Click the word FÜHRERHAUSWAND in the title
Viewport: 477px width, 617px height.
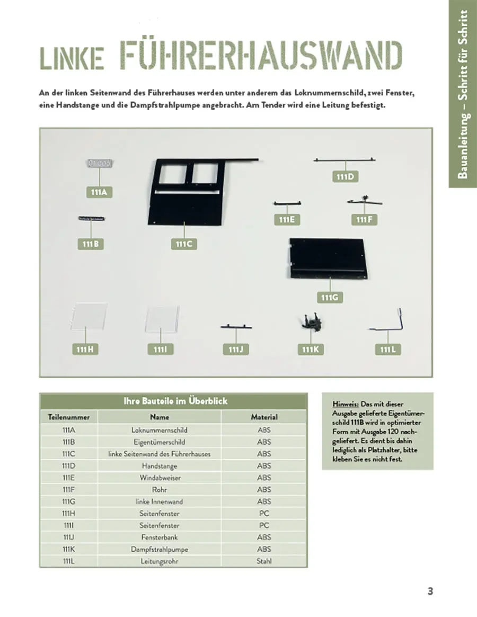(261, 56)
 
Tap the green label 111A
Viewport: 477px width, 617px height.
(99, 192)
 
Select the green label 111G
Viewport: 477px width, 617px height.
(330, 297)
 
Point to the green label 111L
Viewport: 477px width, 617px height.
(387, 350)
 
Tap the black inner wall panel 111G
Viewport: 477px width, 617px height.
(328, 258)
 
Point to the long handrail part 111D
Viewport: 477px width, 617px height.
(345, 159)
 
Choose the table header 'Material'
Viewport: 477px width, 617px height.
(264, 417)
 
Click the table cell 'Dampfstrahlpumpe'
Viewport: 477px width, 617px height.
(160, 549)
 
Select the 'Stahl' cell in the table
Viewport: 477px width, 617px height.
(264, 561)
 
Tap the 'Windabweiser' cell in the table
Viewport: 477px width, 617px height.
(160, 477)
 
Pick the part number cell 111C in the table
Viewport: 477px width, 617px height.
(69, 453)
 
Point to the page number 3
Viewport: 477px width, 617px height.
(430, 592)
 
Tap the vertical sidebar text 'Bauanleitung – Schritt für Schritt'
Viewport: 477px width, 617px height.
(463, 94)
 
